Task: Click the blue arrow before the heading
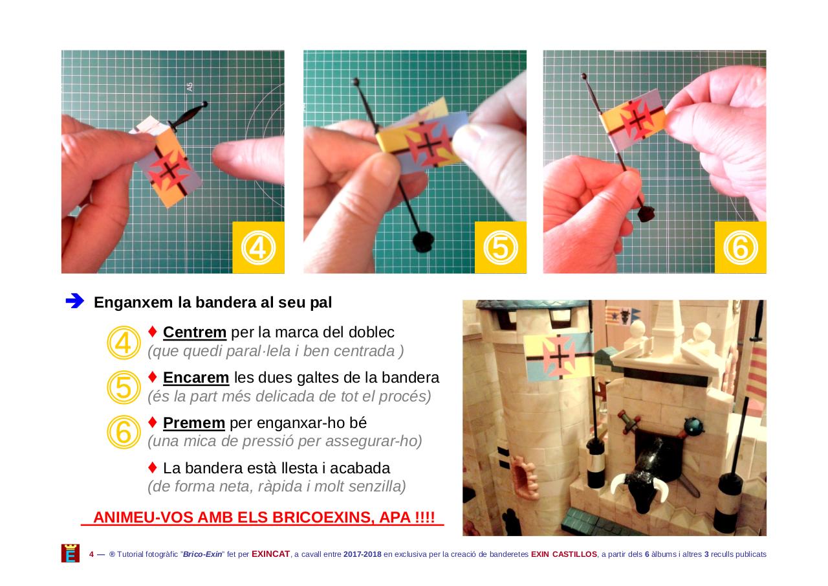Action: click(75, 301)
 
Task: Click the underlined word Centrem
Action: click(195, 332)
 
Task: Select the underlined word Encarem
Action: click(196, 378)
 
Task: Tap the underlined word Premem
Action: click(193, 423)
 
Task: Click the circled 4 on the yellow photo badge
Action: click(258, 247)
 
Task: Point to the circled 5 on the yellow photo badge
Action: click(501, 247)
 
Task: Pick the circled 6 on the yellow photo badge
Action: click(741, 247)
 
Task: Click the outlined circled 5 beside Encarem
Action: click(124, 387)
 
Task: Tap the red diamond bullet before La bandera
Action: click(152, 468)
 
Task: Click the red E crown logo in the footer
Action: click(71, 554)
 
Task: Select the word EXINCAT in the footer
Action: click(270, 554)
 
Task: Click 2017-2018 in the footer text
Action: click(362, 554)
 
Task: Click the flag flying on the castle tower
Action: click(558, 355)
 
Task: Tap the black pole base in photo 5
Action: click(423, 242)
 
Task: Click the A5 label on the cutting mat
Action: click(190, 87)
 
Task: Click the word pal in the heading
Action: click(321, 302)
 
